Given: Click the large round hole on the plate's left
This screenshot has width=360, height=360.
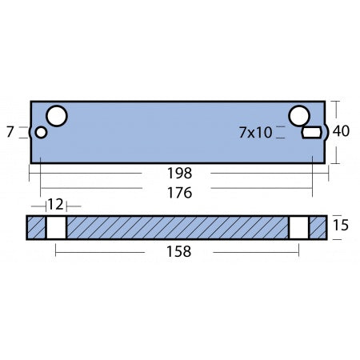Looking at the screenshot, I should click(57, 117).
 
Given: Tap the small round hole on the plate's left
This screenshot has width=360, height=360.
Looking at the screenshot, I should click(42, 133).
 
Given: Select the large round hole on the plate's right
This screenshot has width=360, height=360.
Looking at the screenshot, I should click(299, 117).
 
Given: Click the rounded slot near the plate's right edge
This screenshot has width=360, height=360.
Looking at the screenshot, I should click(311, 133).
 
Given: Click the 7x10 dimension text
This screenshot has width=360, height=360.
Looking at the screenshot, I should click(255, 133).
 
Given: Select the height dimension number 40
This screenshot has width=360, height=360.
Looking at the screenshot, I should click(341, 131).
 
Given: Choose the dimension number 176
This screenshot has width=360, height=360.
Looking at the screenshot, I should click(179, 192).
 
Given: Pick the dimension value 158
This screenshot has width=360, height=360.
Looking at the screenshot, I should click(179, 251).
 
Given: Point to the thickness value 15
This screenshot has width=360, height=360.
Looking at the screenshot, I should click(341, 227).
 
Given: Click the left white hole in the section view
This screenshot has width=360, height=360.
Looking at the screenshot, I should click(55, 227).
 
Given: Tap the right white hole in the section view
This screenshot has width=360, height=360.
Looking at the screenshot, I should click(298, 227).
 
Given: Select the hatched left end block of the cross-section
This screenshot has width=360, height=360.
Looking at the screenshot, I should click(36, 227).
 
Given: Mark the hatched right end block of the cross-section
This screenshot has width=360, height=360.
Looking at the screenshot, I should click(318, 227).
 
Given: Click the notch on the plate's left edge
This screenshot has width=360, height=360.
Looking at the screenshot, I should click(32, 133).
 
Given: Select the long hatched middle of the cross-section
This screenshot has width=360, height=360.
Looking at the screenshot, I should click(177, 227).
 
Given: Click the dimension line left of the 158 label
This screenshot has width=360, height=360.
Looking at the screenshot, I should click(104, 251).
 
